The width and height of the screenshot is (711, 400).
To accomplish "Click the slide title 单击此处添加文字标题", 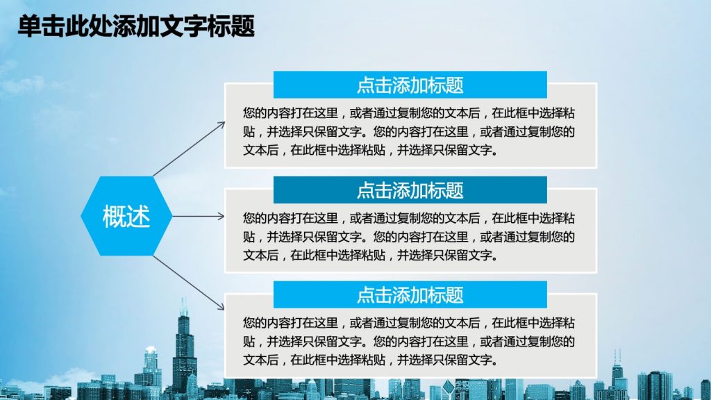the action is (x=136, y=26).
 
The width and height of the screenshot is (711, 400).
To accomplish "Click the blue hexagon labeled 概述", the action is (x=126, y=216).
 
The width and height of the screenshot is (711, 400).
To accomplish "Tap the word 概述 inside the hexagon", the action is (x=126, y=217).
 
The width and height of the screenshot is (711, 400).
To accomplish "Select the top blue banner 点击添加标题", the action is (x=410, y=85).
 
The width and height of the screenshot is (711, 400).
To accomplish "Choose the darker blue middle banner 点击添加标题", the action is (x=410, y=190).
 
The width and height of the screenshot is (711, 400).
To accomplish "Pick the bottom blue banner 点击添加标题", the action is (x=410, y=294).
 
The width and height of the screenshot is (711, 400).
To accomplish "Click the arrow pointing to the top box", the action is (x=189, y=149).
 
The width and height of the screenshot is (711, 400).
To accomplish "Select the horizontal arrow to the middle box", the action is (x=199, y=216).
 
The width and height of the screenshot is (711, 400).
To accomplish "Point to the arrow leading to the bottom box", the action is (x=189, y=283).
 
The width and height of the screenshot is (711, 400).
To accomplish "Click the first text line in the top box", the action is (x=409, y=113).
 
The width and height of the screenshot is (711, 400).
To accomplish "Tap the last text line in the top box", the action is (x=371, y=150).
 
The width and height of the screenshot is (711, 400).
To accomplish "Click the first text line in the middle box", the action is (x=409, y=218).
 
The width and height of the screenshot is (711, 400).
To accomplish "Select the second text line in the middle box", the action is (x=409, y=237).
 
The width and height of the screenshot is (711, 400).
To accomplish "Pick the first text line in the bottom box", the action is (x=409, y=323).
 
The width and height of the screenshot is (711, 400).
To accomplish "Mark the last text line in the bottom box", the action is (x=371, y=360).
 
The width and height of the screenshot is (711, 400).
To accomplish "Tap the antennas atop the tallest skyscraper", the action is (x=183, y=306).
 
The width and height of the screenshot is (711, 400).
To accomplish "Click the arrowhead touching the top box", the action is (x=221, y=125).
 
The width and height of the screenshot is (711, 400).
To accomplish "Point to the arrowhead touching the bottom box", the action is (x=220, y=307).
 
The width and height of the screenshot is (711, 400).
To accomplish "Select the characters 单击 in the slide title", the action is (x=41, y=26).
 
